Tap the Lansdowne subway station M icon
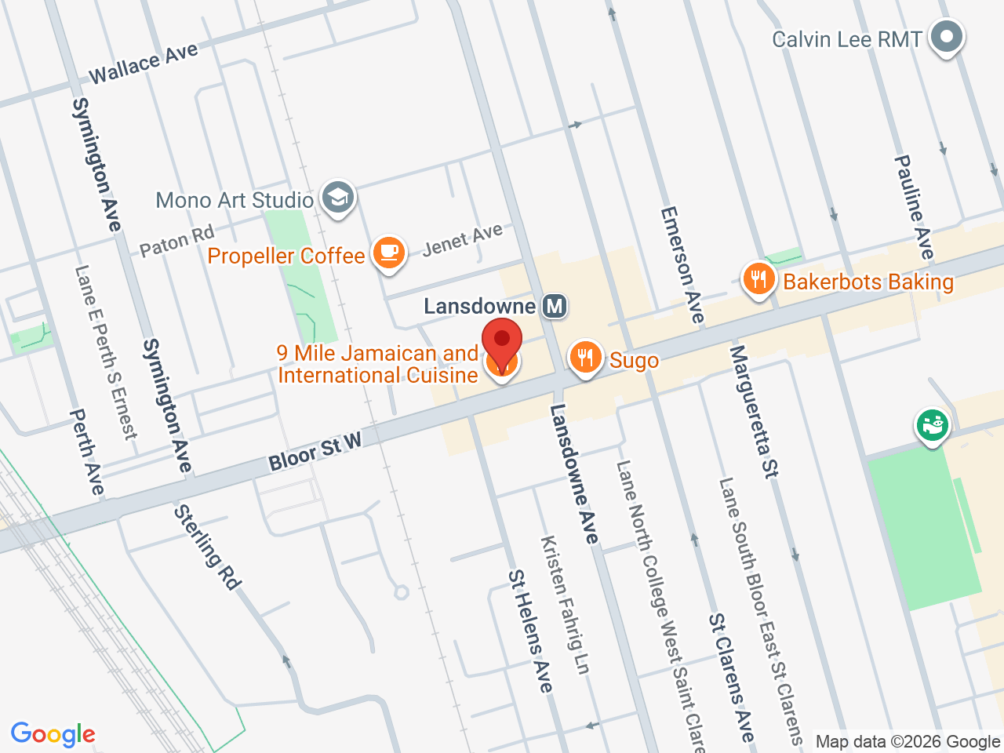(555, 306)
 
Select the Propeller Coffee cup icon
(388, 253)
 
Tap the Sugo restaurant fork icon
(585, 358)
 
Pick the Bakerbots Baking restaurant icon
(758, 278)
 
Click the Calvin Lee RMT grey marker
(947, 36)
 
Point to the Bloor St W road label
(315, 452)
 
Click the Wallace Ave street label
(144, 64)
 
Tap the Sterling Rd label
(207, 547)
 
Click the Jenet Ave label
(462, 239)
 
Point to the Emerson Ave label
(682, 264)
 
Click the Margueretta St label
(754, 411)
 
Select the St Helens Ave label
(530, 631)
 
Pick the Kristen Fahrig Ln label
(565, 604)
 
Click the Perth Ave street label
(86, 452)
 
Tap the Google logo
(53, 734)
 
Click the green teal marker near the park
(932, 425)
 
